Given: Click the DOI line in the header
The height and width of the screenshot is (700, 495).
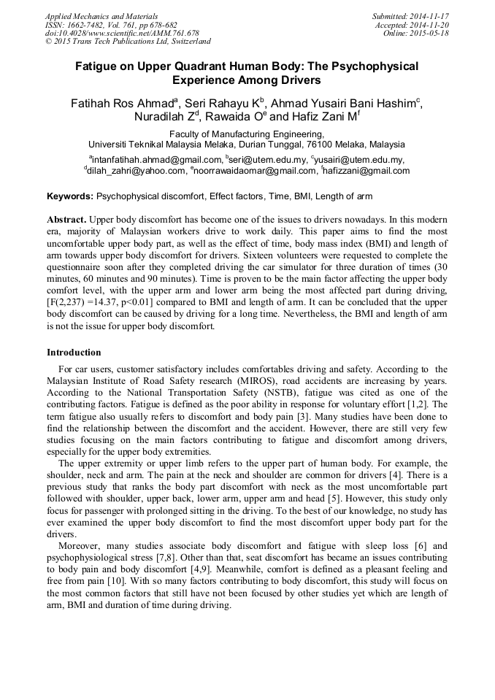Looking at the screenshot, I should [x=122, y=34].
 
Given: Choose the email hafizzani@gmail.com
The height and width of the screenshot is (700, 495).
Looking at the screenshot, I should [x=367, y=171].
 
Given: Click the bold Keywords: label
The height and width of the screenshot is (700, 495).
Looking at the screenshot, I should [x=70, y=196].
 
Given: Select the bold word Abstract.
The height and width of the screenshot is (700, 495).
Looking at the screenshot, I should [x=67, y=220].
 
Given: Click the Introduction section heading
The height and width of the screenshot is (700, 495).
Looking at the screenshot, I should [x=74, y=353].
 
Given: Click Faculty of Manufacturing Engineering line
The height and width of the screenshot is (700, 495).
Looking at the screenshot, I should [x=247, y=134].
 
